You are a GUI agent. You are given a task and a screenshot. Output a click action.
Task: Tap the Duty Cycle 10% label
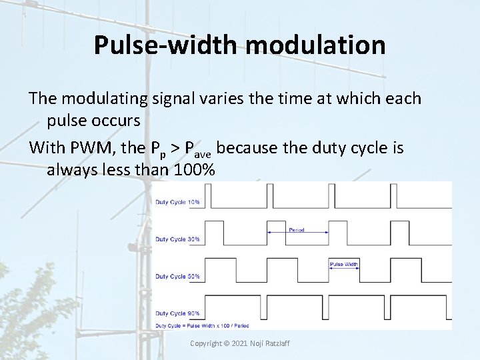point(177,202)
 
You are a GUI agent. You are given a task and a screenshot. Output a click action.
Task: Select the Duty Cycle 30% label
point(177,239)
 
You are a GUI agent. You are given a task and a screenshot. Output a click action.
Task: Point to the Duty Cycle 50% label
point(177,276)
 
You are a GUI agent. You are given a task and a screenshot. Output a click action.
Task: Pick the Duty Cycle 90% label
point(177,313)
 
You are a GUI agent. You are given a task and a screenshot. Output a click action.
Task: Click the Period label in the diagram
point(297,230)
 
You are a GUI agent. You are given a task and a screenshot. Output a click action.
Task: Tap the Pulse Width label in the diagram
point(344,264)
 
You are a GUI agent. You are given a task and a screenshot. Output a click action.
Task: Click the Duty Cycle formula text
point(203,325)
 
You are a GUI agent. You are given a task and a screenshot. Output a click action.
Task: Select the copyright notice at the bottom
point(240,343)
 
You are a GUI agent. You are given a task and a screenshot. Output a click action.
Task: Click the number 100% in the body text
point(194,170)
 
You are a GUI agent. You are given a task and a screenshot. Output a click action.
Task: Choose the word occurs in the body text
point(117,121)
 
